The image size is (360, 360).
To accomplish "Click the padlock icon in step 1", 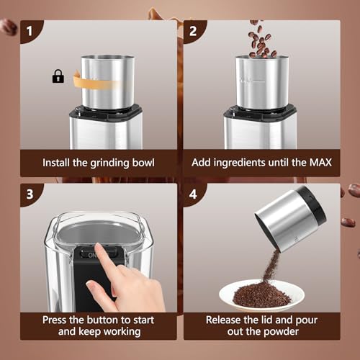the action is click(58, 76).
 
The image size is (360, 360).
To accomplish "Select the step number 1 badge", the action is click(30, 31).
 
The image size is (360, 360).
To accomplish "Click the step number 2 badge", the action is click(193, 31).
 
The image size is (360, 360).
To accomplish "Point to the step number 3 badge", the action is click(30, 194).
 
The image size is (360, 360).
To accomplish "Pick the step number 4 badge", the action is click(193, 194).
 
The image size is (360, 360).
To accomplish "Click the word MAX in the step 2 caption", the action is click(320, 163).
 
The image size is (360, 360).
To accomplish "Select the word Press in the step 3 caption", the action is click(55, 320).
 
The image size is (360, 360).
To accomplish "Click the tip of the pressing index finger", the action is click(98, 246).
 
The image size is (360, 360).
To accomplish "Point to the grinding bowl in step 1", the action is click(108, 82).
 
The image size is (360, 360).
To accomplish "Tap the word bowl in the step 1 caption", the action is click(143, 163).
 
